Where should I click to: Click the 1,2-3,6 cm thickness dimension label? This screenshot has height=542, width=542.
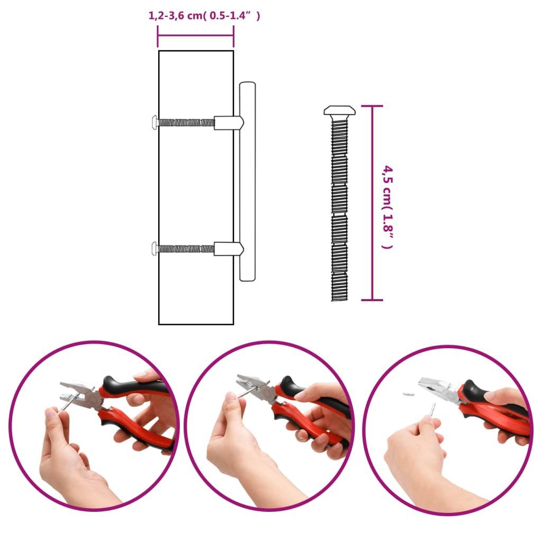pyautogui.click(x=204, y=16)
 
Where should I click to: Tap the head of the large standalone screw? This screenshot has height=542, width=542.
pyautogui.click(x=339, y=111)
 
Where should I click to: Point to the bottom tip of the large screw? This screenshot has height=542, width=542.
pyautogui.click(x=339, y=300)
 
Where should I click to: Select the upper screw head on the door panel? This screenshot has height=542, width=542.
pyautogui.click(x=155, y=122)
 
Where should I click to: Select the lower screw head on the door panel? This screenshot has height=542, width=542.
pyautogui.click(x=155, y=249)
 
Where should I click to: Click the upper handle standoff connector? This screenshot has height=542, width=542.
pyautogui.click(x=229, y=123)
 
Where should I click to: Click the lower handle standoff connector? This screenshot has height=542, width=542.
pyautogui.click(x=229, y=249)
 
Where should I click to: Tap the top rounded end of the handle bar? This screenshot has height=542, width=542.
pyautogui.click(x=248, y=83)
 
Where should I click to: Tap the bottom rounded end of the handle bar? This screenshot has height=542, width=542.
pyautogui.click(x=248, y=278)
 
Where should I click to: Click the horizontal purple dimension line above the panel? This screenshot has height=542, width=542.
pyautogui.click(x=196, y=35)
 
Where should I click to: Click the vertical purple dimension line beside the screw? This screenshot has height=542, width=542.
pyautogui.click(x=372, y=203)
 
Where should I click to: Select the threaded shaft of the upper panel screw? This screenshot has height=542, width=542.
pyautogui.click(x=187, y=122)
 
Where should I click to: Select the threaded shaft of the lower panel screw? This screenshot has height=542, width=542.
pyautogui.click(x=187, y=249)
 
